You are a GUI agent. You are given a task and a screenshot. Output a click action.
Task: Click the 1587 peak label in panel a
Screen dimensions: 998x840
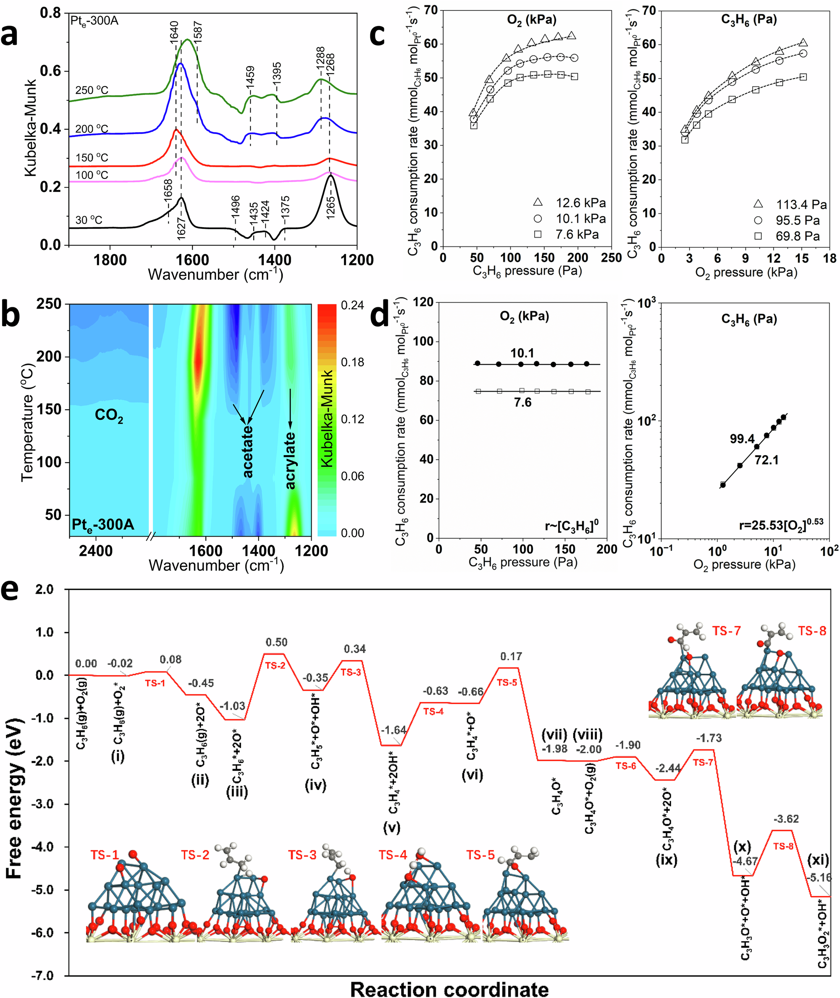(x=198, y=32)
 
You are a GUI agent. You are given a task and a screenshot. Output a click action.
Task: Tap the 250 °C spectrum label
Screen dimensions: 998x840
(x=92, y=90)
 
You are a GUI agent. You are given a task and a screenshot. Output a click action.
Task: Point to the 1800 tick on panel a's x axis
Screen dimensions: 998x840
(x=110, y=260)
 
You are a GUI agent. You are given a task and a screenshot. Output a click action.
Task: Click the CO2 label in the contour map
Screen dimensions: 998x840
(x=109, y=416)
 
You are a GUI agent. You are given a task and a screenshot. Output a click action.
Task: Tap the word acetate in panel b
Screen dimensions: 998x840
(x=248, y=452)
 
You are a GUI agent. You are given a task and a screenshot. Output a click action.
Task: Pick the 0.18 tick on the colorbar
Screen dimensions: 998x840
(x=352, y=363)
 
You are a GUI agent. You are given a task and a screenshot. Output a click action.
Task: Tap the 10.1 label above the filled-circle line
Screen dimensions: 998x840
(x=522, y=353)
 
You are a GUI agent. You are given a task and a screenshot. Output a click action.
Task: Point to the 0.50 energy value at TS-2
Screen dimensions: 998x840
(x=277, y=642)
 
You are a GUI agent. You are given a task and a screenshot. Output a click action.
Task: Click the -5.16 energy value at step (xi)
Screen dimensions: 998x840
(x=820, y=878)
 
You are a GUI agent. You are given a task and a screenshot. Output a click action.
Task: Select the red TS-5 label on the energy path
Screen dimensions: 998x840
(x=507, y=682)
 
